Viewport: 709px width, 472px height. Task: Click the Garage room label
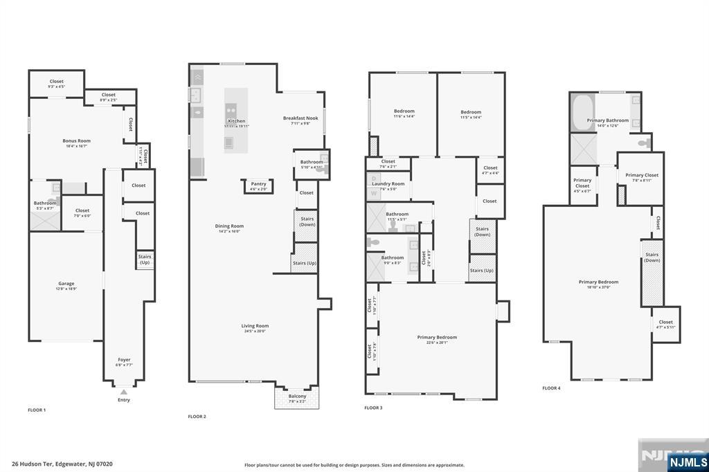(66, 283)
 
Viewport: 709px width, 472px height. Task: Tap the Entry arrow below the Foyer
(124, 392)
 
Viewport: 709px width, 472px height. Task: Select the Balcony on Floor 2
(297, 397)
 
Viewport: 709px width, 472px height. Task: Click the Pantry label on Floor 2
(258, 184)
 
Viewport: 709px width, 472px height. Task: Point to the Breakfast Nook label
(300, 118)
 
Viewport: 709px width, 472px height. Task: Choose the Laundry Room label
(388, 183)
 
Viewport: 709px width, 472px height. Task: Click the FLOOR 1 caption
(37, 410)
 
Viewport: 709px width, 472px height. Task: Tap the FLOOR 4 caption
(551, 388)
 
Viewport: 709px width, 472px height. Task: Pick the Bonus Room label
(76, 140)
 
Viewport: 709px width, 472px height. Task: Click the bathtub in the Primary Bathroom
(582, 111)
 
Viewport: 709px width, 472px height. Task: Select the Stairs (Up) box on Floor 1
(145, 260)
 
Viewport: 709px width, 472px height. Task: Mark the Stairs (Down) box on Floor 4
(652, 272)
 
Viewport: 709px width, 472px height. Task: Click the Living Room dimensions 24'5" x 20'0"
(255, 332)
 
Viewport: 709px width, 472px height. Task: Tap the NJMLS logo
(688, 462)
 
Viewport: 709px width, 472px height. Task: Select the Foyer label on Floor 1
(124, 360)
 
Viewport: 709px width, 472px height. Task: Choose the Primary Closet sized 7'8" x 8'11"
(642, 178)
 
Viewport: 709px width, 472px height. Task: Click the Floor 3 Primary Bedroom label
(437, 337)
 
